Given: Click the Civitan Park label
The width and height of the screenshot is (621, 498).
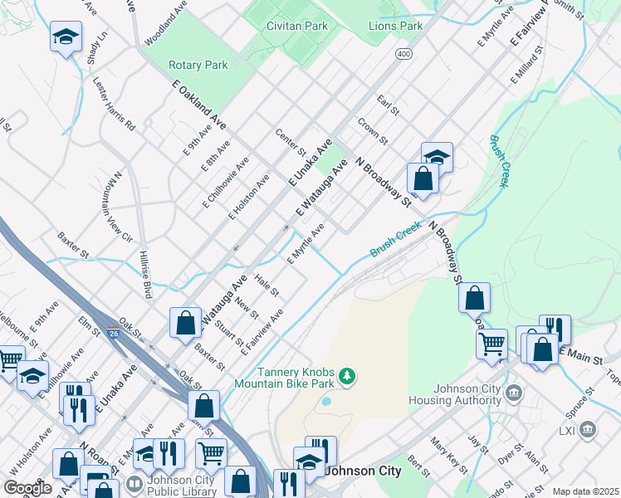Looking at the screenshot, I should pyautogui.click(x=297, y=26).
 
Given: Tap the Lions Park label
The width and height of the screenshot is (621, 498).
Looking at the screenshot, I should pyautogui.click(x=395, y=26).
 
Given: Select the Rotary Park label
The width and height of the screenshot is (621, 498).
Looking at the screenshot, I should pyautogui.click(x=198, y=65).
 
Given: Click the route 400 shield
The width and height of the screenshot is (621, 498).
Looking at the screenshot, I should pyautogui.click(x=403, y=53).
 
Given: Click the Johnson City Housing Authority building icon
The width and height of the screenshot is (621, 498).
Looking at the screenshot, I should pyautogui.click(x=513, y=392).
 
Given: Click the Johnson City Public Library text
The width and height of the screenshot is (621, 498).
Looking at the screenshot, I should pyautogui.click(x=182, y=485).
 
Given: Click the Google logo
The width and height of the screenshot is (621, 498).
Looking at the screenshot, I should pyautogui.click(x=27, y=488).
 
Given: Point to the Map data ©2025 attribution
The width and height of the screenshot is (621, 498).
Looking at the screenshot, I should pyautogui.click(x=585, y=491).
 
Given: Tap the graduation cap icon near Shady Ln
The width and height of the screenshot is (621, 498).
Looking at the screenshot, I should pyautogui.click(x=66, y=37).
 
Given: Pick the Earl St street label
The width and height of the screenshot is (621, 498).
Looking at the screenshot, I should pyautogui.click(x=388, y=105).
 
